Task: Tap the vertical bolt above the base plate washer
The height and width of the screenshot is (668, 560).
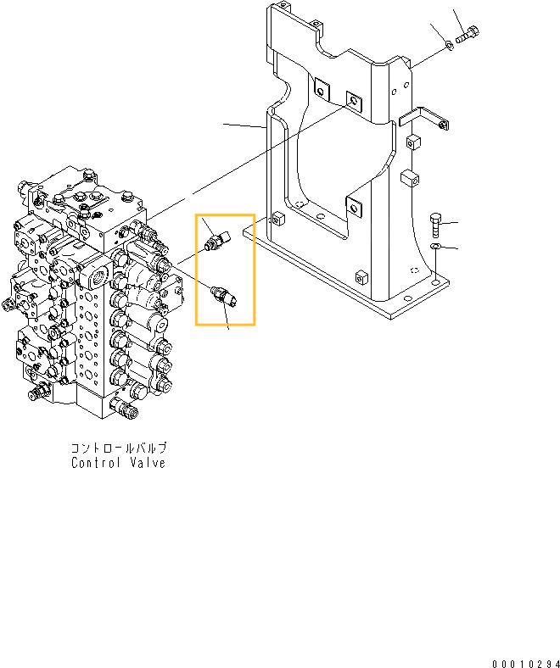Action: [435, 224]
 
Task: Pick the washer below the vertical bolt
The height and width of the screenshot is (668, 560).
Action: [435, 246]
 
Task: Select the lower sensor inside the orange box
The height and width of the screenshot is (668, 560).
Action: [223, 296]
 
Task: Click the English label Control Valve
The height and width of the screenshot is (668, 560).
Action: [118, 463]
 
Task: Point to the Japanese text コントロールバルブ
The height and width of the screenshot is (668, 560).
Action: [119, 448]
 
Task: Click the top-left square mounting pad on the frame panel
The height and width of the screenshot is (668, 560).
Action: [321, 89]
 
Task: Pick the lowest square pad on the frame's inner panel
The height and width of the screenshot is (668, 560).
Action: [353, 203]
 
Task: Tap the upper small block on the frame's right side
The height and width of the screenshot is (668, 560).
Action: [413, 141]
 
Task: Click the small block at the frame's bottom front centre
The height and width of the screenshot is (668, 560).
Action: [361, 277]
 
